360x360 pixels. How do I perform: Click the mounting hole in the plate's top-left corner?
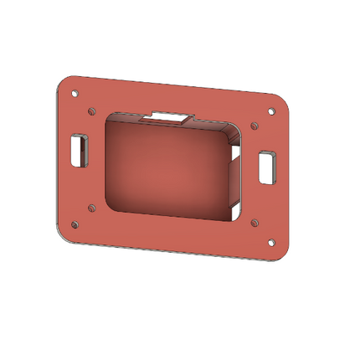[x=75, y=94]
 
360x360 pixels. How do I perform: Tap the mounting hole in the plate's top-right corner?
[x=270, y=112]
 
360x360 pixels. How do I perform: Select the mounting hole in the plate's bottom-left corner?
[x=75, y=224]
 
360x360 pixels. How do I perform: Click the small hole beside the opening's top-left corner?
[x=90, y=110]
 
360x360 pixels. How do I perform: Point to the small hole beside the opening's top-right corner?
[x=255, y=126]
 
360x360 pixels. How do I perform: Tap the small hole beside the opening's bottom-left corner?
[x=91, y=206]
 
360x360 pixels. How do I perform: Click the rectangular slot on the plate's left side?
[x=81, y=149]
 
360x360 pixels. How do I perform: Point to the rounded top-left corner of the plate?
[x=62, y=82]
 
